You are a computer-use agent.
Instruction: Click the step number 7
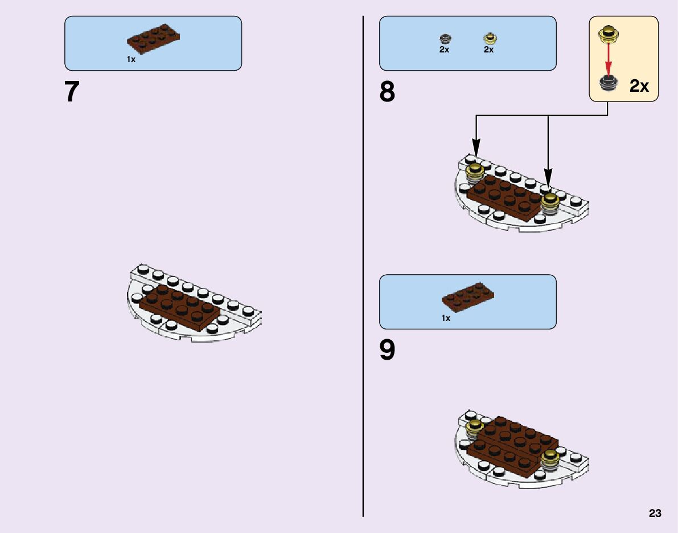click(72, 92)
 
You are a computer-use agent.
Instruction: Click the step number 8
click(387, 92)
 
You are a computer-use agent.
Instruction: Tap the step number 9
click(387, 351)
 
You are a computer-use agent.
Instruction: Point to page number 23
click(655, 514)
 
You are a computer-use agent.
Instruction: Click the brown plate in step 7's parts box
click(153, 38)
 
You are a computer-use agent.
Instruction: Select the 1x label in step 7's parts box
click(131, 59)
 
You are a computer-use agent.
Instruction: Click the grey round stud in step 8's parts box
click(445, 38)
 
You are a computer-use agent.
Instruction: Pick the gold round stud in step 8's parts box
click(489, 38)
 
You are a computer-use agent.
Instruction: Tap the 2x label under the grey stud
click(444, 50)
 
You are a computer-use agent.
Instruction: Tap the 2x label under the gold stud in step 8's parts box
click(488, 50)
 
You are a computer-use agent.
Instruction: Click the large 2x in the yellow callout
click(639, 86)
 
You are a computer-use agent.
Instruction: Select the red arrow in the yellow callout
click(609, 58)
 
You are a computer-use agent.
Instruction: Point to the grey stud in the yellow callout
click(609, 83)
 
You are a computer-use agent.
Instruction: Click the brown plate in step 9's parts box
click(468, 295)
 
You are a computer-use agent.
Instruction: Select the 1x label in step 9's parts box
click(446, 318)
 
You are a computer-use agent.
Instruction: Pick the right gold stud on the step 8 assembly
click(549, 201)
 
